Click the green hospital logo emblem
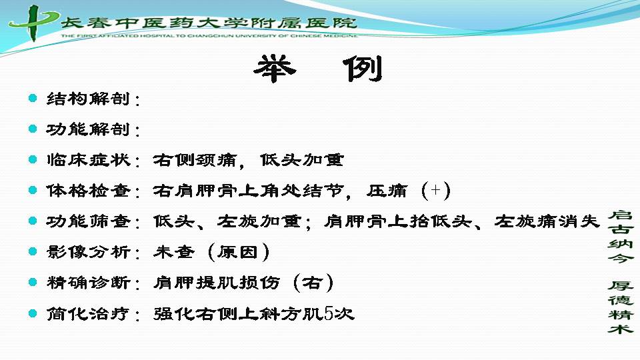tap(33, 23)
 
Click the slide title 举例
tap(319, 69)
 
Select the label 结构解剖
tap(88, 99)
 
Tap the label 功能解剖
tap(88, 129)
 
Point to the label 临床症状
tap(88, 160)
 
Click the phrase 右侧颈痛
tap(195, 160)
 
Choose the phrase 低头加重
tap(302, 160)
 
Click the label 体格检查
tap(88, 191)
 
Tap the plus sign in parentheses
tap(436, 190)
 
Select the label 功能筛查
tap(88, 221)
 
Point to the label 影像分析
tap(88, 252)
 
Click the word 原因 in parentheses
tap(237, 252)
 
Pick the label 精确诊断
tap(88, 283)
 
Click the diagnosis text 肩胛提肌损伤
tap(217, 283)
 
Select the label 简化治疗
tap(88, 314)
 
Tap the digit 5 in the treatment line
tap(329, 313)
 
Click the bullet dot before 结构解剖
tap(33, 98)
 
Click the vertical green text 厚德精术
tap(620, 307)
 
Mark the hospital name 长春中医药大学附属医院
tap(209, 23)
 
